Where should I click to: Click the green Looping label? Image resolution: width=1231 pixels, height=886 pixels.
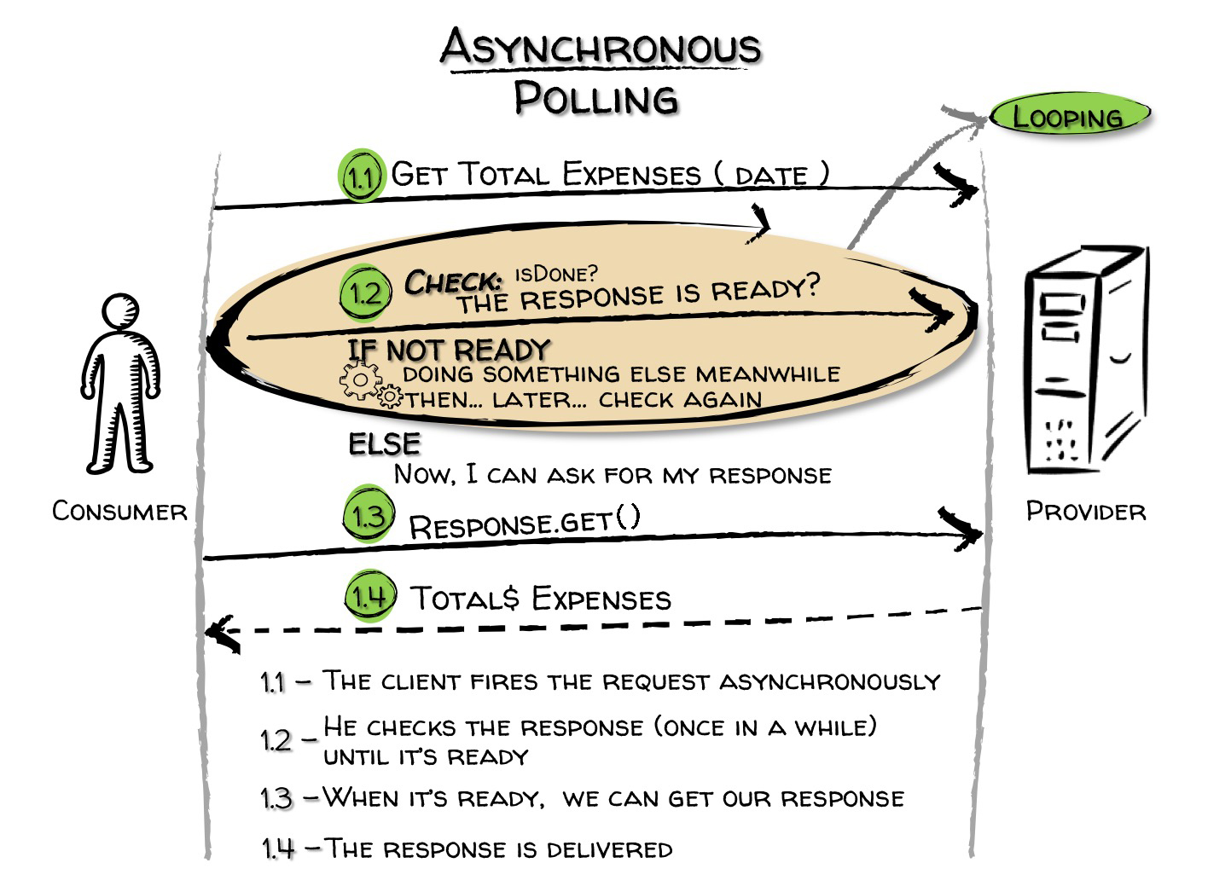point(1070,116)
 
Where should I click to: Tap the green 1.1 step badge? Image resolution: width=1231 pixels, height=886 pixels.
point(362,175)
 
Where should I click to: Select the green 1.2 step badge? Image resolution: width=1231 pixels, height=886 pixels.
point(365,292)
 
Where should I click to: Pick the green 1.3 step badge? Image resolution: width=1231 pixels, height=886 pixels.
point(369,513)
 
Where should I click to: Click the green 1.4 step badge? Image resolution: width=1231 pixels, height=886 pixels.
point(370,595)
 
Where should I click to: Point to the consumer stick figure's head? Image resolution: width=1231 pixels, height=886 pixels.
point(121,311)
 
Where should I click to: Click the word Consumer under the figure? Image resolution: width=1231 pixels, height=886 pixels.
point(119,511)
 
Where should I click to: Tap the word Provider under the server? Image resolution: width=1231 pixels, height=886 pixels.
point(1086,511)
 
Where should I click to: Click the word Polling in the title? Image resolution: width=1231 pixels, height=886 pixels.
point(596,98)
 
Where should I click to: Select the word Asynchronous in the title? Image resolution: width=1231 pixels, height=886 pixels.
point(601,47)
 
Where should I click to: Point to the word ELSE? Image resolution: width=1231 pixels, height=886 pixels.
point(385,443)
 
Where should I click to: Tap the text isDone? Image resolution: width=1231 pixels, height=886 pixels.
point(556,273)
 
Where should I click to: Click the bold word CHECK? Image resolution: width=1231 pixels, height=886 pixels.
point(453,281)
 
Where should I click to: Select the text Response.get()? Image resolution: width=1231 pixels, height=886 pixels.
point(525,523)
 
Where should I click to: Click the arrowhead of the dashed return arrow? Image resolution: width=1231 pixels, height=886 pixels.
point(221,634)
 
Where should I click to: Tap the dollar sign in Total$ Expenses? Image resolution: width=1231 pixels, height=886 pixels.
point(511,598)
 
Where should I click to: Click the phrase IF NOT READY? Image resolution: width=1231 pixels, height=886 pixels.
point(449,350)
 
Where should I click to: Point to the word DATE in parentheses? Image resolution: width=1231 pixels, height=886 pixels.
point(771,176)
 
